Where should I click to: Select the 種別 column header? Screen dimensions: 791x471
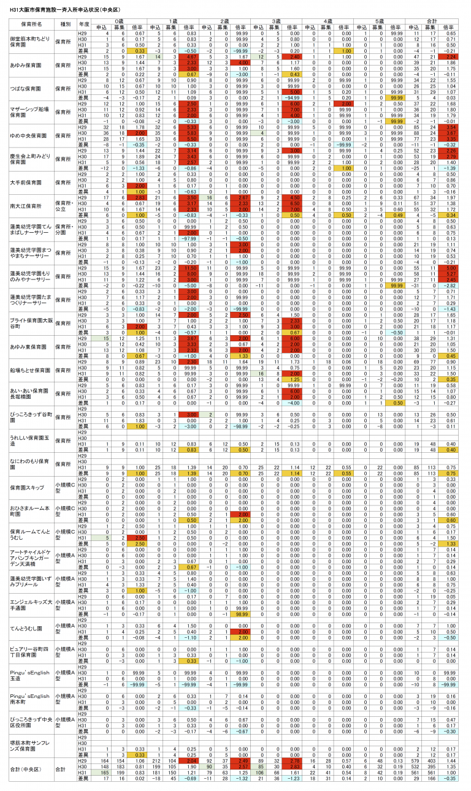[x=64, y=24]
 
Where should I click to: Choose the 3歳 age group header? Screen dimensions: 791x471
[x=277, y=21]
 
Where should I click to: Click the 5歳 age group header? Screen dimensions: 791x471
[x=381, y=21]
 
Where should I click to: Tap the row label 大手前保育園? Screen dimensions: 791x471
[x=28, y=182]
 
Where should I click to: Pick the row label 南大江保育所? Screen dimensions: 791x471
[x=28, y=206]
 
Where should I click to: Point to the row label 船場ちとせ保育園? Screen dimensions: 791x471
[x=30, y=370]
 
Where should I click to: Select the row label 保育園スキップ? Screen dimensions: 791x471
[x=27, y=487]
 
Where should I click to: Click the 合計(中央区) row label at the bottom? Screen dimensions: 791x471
[x=27, y=769]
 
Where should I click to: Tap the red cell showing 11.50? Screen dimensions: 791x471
[x=190, y=268]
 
